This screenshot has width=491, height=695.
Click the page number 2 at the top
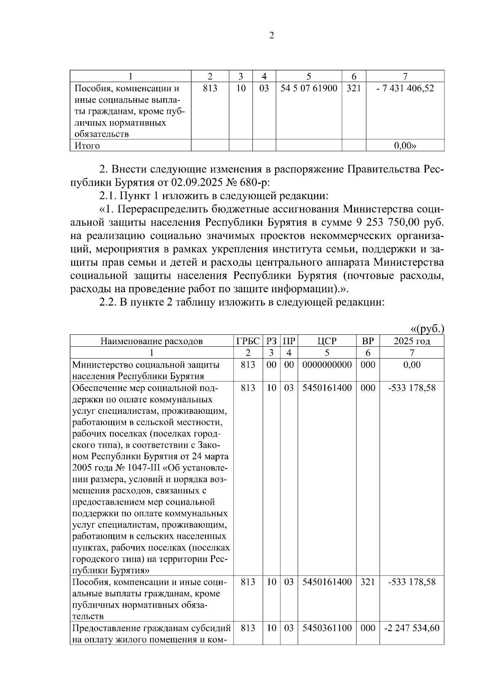272,36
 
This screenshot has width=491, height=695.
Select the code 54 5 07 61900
309,88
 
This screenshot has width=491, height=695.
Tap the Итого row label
87,146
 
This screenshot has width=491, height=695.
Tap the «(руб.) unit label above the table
427,329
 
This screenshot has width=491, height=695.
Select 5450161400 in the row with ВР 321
327,582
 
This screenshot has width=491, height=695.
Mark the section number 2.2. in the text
108,302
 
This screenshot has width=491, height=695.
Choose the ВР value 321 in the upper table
354,88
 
